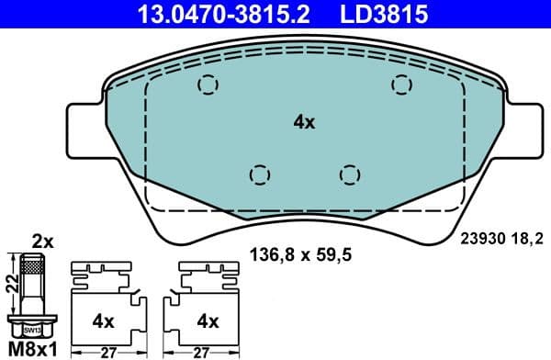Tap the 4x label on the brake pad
point(303,121)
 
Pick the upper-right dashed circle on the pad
point(401,84)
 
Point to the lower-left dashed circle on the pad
point(260,173)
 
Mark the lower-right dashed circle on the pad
point(348,173)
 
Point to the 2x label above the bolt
point(42,242)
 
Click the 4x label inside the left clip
point(103,321)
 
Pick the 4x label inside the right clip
point(208,321)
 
